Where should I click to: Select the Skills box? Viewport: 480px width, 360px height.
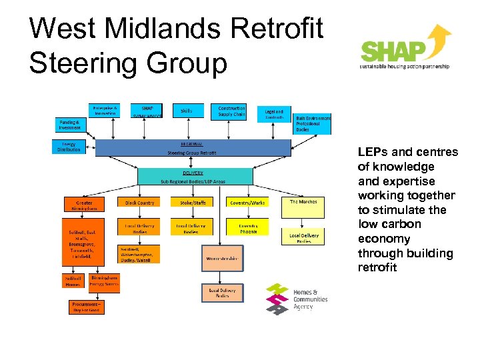[187, 111]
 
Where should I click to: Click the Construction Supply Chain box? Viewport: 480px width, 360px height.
[231, 111]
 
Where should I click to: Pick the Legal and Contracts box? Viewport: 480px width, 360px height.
[274, 115]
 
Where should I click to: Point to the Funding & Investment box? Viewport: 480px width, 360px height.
[69, 126]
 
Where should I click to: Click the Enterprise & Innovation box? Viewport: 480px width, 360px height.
[105, 111]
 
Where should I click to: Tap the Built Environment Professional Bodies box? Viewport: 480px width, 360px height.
[312, 123]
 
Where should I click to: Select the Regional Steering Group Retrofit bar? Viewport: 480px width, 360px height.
[193, 148]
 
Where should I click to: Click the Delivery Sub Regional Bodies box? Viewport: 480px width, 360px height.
[195, 176]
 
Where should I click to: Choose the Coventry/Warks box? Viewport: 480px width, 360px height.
[248, 203]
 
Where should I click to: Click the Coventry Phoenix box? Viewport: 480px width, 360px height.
[248, 229]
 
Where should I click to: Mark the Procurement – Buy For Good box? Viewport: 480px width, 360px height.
[85, 307]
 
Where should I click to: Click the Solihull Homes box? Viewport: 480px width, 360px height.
[73, 281]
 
